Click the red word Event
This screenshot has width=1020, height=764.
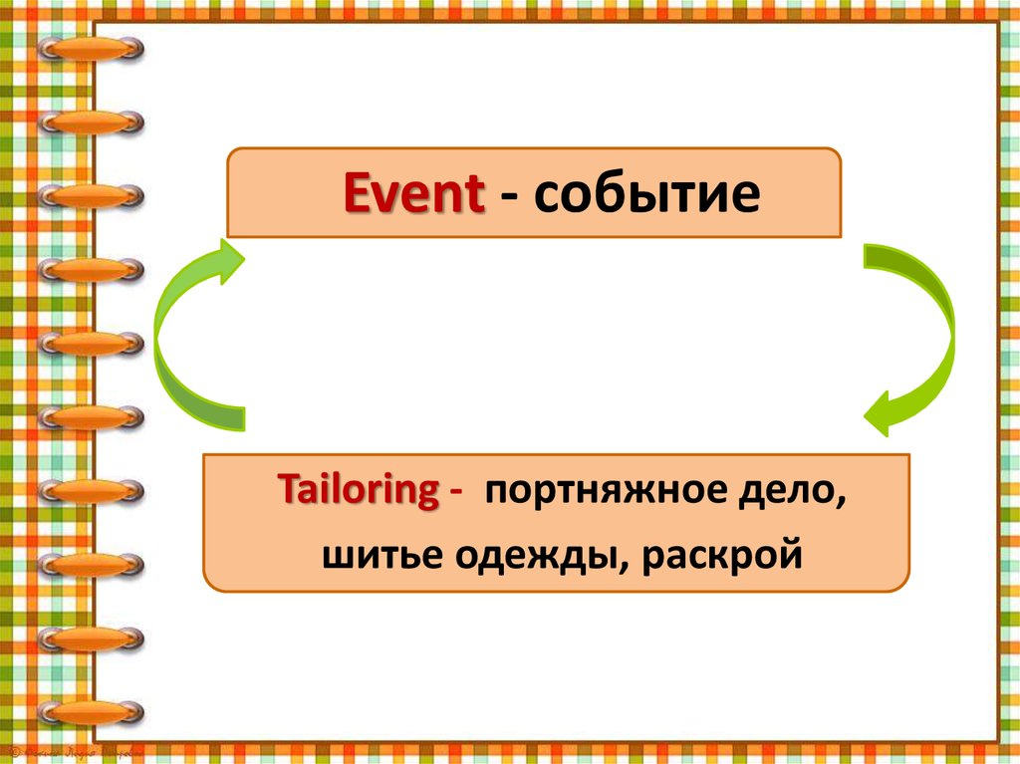click(x=414, y=195)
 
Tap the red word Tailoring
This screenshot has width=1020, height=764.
click(x=358, y=491)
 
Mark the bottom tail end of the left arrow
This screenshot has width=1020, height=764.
click(x=237, y=418)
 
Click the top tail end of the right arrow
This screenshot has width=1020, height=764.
click(x=873, y=256)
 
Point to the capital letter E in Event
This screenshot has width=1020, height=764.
click(x=357, y=195)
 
